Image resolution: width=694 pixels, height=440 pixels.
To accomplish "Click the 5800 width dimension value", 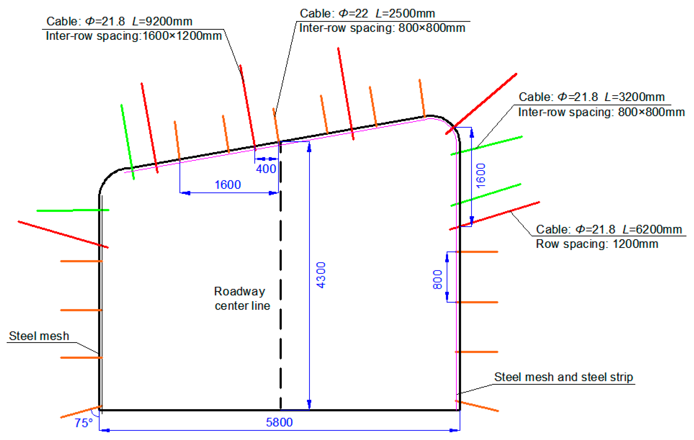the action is click(279, 422).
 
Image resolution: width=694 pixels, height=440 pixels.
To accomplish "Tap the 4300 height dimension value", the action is click(321, 275).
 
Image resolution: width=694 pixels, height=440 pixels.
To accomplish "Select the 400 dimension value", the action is click(266, 169).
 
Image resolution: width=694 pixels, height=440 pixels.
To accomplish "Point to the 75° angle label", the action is click(84, 423).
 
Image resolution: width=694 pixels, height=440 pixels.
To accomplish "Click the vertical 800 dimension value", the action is click(437, 280).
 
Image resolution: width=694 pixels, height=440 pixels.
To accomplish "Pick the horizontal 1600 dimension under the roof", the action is click(228, 185).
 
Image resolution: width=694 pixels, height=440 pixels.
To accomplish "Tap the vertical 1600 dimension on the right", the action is click(481, 176).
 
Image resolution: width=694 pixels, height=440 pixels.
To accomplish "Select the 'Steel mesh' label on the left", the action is click(39, 336).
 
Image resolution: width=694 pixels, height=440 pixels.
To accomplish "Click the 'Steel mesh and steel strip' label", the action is click(563, 377).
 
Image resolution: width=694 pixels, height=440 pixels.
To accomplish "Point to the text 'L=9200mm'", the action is click(162, 21).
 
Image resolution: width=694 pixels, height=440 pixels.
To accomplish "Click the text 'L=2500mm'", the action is click(405, 14).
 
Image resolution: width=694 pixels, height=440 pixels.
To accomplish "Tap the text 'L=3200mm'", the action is click(635, 97).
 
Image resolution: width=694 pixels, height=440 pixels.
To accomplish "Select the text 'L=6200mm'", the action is click(652, 229).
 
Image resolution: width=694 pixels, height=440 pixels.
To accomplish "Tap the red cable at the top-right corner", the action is click(481, 104).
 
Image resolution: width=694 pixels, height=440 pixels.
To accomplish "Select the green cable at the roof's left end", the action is click(127, 141).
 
